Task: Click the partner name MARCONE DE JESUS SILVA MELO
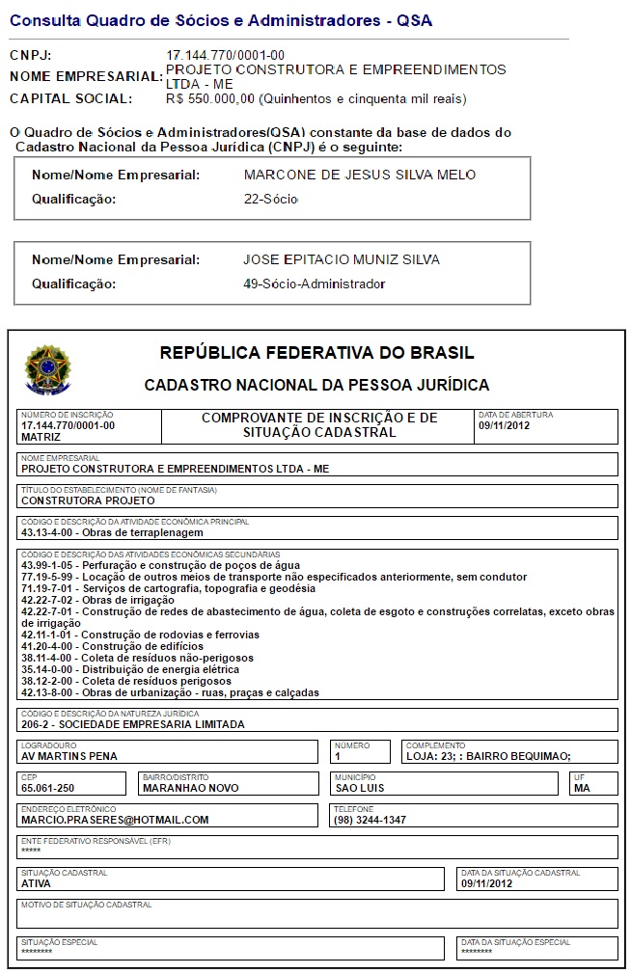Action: coord(360,176)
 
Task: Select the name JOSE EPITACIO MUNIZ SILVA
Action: coord(342,259)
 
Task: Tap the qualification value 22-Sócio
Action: coord(271,200)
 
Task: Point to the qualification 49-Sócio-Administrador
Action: coord(315,284)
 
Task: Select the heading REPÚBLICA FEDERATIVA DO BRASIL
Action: coord(316,353)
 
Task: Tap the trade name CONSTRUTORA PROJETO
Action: coord(88,501)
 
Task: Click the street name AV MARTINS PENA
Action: coord(69,756)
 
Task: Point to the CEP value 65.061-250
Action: coord(48,788)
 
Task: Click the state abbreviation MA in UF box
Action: coord(582,788)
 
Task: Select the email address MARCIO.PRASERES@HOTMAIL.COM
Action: coord(115,820)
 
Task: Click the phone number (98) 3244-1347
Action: coord(370,820)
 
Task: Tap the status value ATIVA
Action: coord(36,882)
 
